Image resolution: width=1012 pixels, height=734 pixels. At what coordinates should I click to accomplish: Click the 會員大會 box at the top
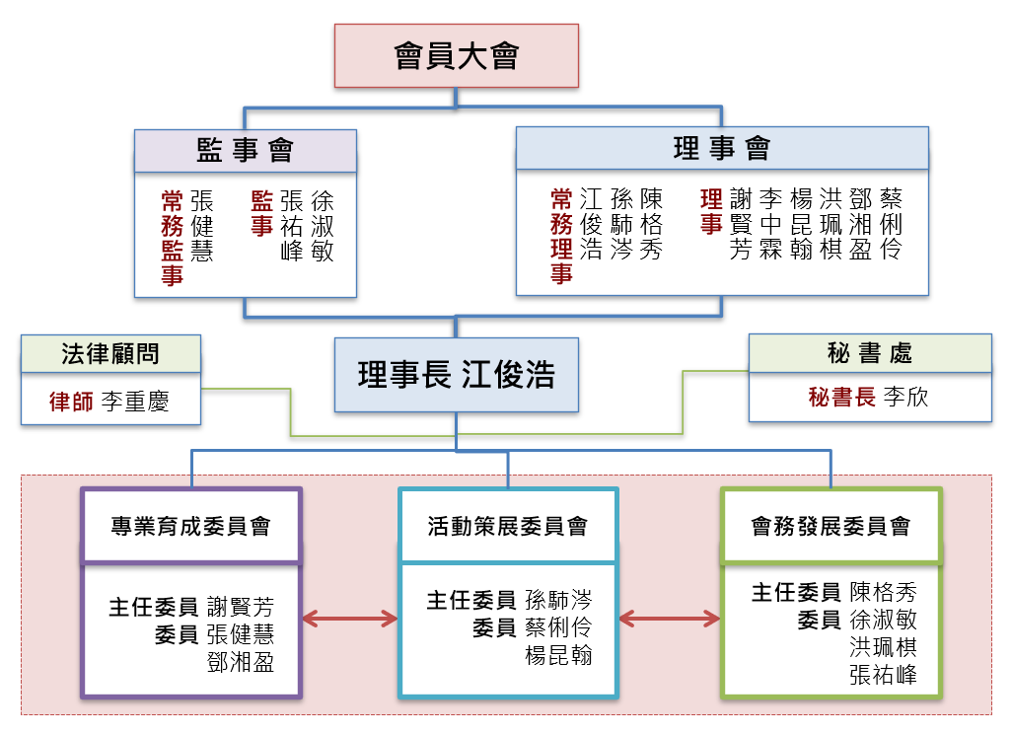[x=456, y=55]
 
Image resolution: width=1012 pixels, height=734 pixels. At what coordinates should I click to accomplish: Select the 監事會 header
[x=246, y=150]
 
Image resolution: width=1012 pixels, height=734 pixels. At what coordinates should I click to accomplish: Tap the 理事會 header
[x=721, y=148]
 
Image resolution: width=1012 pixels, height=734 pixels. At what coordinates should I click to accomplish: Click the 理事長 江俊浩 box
[x=456, y=375]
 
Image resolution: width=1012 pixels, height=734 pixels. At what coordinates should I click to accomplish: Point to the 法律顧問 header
[x=110, y=353]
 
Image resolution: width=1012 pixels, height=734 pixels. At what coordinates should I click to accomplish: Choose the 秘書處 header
[x=869, y=352]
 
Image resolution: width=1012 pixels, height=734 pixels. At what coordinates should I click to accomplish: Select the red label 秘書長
[x=841, y=398]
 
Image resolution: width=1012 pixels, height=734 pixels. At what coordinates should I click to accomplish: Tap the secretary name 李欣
[x=905, y=398]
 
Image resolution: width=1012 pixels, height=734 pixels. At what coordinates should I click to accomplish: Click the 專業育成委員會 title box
[x=190, y=526]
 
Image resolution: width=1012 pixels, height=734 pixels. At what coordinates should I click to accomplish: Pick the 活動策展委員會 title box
[x=508, y=526]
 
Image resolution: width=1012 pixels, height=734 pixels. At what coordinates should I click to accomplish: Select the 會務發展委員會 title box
[x=831, y=526]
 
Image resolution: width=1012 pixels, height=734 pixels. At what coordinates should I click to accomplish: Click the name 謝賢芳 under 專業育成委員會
[x=241, y=607]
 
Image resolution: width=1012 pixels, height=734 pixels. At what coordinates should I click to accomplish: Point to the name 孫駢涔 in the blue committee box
[x=558, y=600]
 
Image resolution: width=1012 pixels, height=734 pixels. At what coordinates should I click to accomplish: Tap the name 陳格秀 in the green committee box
[x=883, y=592]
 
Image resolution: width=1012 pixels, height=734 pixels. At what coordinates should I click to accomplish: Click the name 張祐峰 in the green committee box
[x=883, y=675]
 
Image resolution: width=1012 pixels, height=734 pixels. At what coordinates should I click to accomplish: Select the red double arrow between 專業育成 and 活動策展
[x=349, y=620]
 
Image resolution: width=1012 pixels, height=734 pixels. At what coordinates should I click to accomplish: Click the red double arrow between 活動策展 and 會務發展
[x=669, y=620]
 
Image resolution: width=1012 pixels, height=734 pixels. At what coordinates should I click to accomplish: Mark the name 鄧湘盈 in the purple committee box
[x=241, y=662]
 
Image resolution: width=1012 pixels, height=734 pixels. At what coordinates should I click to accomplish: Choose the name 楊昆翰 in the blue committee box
[x=558, y=655]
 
